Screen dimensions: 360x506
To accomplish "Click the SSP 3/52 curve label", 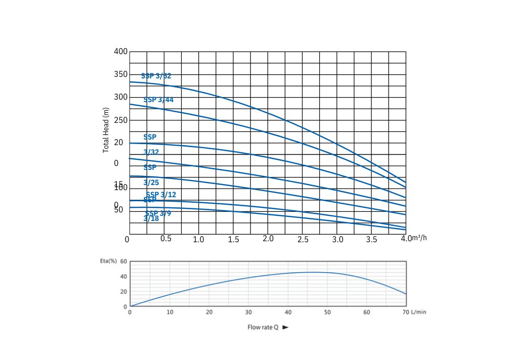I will point(156,76).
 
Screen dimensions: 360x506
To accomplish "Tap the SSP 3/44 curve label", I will point(158,100).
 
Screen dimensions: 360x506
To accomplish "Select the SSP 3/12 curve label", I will point(161,195).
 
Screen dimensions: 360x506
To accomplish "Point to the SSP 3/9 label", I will point(158,213).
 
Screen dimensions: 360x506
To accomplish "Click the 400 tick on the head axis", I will point(120,52).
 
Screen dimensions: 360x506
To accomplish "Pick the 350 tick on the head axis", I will point(120,75).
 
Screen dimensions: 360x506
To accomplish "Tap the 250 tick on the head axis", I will point(120,120).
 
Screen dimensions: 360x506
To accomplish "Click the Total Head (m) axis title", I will point(106,130).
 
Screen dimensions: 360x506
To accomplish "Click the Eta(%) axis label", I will point(108,261).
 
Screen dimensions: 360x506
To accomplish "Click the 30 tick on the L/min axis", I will point(248,312).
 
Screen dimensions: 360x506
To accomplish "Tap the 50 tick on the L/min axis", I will point(327,312).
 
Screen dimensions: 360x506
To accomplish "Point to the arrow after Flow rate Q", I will point(285,327).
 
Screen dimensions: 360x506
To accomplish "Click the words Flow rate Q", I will point(263,327).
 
